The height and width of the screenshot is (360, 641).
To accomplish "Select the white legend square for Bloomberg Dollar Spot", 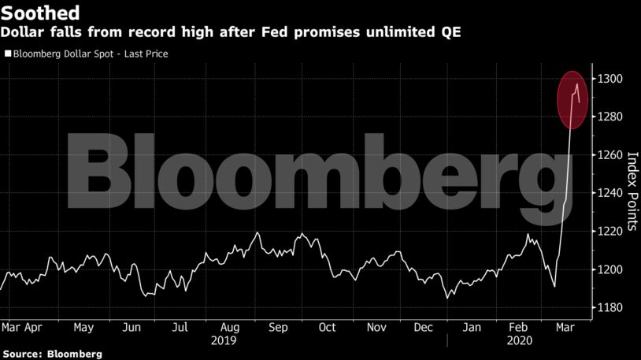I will pyautogui.click(x=7, y=54).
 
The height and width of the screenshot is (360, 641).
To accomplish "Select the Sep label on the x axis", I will pyautogui.click(x=277, y=327).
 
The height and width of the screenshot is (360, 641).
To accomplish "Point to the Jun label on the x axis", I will pyautogui.click(x=132, y=327).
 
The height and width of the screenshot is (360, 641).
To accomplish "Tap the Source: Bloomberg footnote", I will pyautogui.click(x=52, y=354).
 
